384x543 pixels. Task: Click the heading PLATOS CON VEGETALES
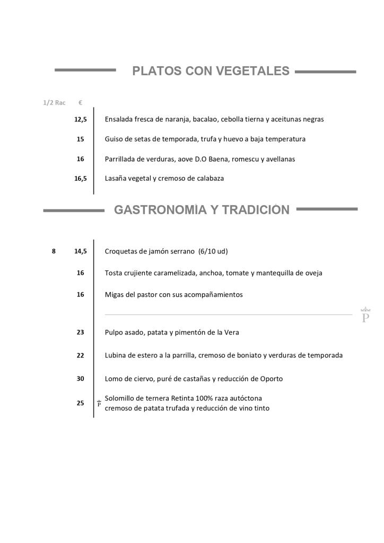(211, 71)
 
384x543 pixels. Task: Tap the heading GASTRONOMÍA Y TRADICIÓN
(202, 210)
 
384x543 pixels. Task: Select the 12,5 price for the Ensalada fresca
(81, 120)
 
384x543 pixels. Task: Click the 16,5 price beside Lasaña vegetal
(81, 179)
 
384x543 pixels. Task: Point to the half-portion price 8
(54, 251)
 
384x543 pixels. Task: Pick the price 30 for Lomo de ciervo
(81, 379)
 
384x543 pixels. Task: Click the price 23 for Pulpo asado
(81, 332)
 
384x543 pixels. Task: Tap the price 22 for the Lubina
(81, 355)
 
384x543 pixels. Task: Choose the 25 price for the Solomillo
(81, 403)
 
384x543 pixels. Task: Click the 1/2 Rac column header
(54, 103)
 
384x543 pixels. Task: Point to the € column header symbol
(80, 103)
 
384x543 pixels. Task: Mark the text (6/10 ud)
(213, 251)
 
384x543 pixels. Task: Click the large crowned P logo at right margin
(365, 316)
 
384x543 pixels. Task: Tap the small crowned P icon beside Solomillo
(99, 404)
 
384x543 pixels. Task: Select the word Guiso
(115, 139)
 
